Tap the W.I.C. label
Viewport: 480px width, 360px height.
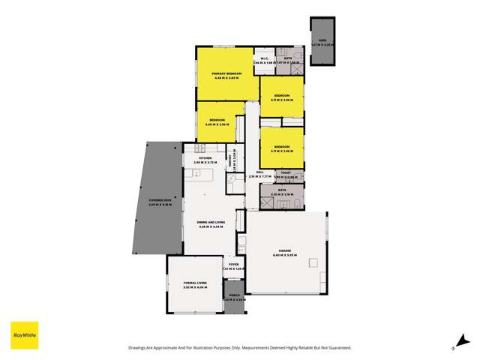pyautogui.click(x=264, y=59)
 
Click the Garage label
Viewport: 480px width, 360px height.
pyautogui.click(x=285, y=251)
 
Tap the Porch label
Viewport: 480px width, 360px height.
pyautogui.click(x=233, y=295)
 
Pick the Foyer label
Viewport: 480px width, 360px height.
pyautogui.click(x=233, y=265)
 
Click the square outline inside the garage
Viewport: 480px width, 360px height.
pyautogui.click(x=313, y=262)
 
